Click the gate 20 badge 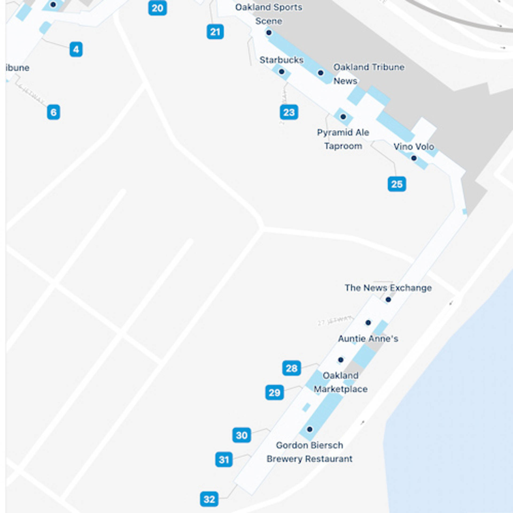point(157,8)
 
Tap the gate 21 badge point(215,32)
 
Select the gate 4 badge point(76,49)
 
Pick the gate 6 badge point(53,112)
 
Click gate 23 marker point(289,112)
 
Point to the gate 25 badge point(397,184)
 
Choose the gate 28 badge point(292,368)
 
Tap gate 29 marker point(274,392)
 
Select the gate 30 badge point(242,435)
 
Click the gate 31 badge point(224,460)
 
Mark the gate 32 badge point(209,499)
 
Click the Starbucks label point(281,60)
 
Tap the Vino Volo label point(414,147)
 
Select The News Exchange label point(388,288)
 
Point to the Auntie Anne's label point(368,339)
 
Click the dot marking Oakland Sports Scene point(269,33)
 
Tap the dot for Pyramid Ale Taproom point(343,117)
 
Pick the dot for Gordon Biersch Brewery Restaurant point(310,429)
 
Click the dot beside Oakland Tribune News point(321,73)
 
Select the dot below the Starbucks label point(282,72)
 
